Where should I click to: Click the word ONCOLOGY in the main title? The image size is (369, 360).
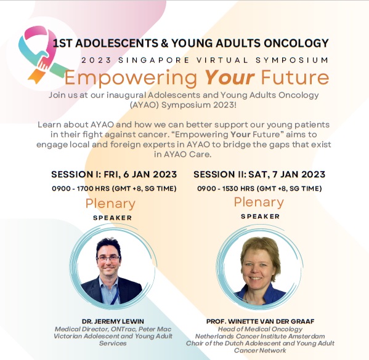pos(296,43)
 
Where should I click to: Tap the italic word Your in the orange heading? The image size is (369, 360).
pos(230,78)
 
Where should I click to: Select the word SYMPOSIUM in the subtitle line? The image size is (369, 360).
pos(292,60)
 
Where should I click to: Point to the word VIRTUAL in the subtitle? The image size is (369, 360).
pos(222,60)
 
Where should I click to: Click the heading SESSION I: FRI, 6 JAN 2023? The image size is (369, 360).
pos(114,175)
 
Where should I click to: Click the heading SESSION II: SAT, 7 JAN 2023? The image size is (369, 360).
pos(259,175)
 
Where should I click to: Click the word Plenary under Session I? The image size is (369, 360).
pos(110,204)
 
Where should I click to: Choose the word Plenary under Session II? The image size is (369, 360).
pos(259,202)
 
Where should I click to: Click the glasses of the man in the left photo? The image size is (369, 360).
pos(108,258)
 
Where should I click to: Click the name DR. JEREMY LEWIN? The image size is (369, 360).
pos(113,321)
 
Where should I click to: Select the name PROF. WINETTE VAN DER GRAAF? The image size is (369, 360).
pos(261,321)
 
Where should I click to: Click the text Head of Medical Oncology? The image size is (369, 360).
pos(260,329)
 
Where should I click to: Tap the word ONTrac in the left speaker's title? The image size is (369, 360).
pos(123,329)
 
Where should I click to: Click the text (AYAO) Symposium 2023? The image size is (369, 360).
pos(183,105)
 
